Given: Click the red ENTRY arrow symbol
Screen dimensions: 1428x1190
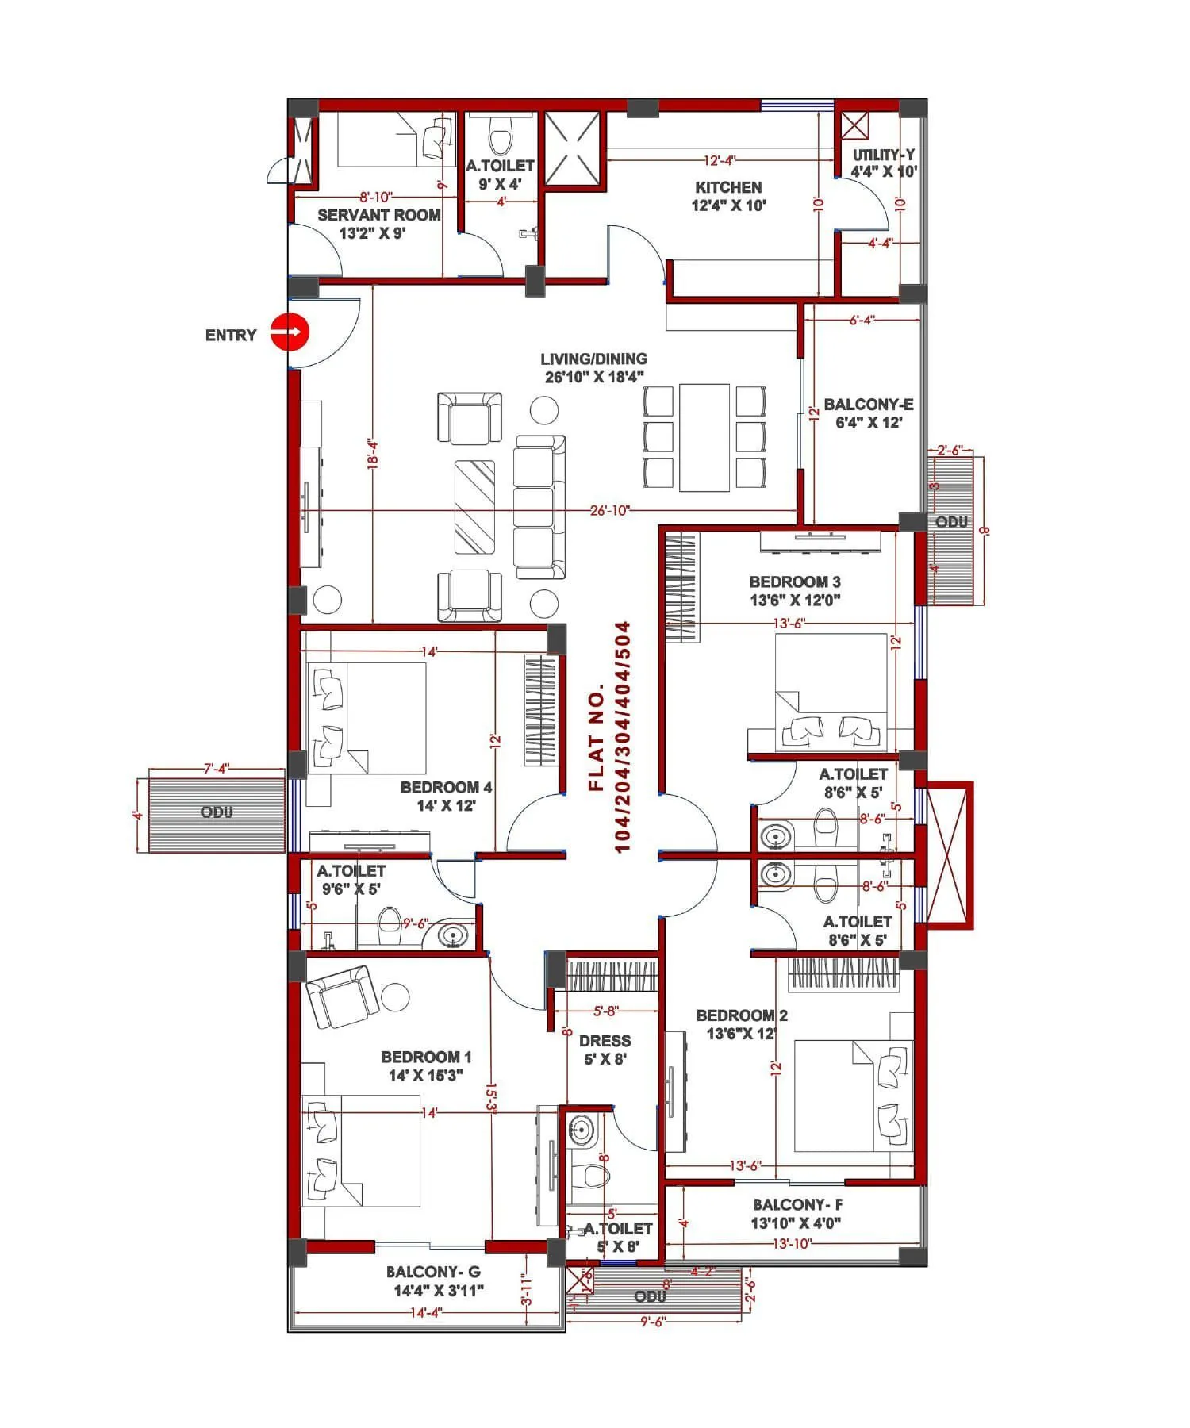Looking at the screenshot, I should (289, 332).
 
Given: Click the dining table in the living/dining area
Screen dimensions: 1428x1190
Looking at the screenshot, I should (704, 437).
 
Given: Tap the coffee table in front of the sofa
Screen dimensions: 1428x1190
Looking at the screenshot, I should (474, 507).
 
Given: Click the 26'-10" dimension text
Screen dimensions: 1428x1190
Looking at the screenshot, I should (609, 510).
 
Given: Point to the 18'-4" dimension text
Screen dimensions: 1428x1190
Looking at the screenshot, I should (373, 455).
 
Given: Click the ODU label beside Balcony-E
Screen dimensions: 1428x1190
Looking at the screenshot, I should (951, 522).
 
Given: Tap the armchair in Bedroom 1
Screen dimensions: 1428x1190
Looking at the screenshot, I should (344, 996).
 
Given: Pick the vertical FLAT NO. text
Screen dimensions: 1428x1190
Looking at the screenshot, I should (610, 737).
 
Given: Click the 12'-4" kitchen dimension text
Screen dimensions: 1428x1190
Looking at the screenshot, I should (720, 160).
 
